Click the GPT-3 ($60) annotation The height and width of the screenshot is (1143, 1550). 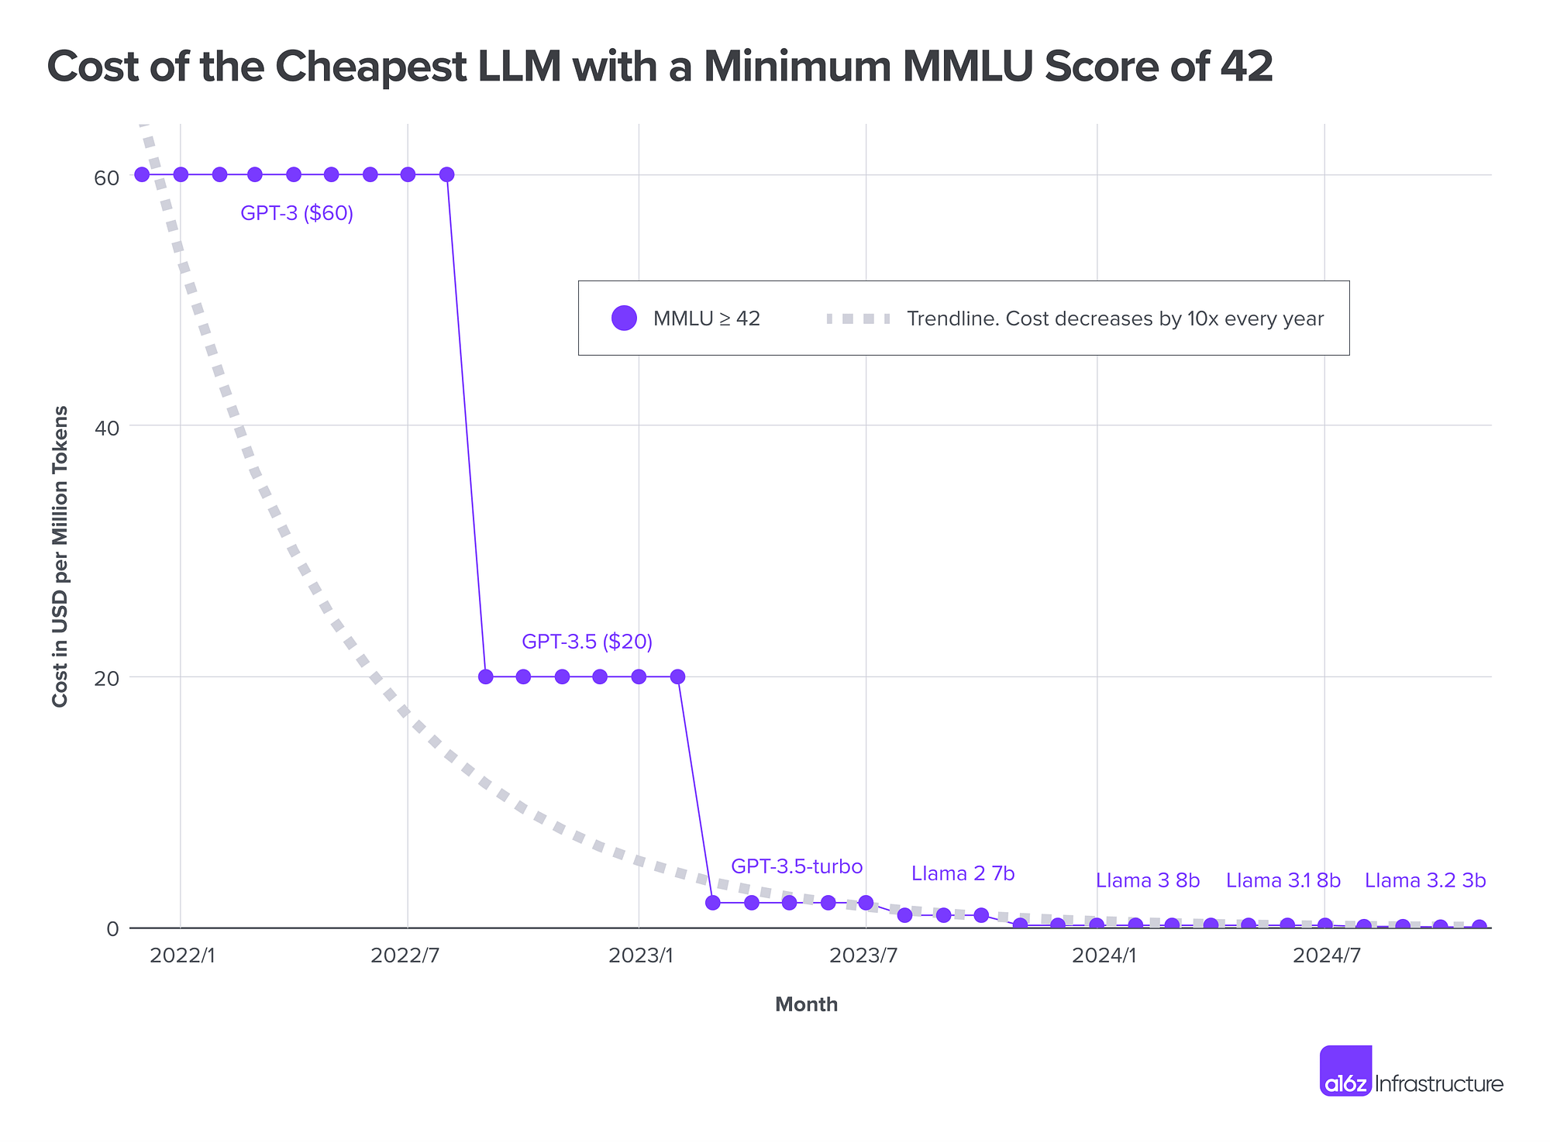[x=297, y=213]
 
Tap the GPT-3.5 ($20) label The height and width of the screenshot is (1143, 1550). [x=587, y=642]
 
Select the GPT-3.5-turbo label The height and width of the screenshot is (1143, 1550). [x=797, y=866]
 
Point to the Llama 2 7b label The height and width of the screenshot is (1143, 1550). [x=963, y=874]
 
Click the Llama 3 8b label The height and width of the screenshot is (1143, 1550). [x=1147, y=880]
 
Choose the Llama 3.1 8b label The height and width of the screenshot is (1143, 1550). [x=1283, y=880]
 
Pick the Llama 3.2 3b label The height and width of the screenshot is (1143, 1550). [x=1424, y=880]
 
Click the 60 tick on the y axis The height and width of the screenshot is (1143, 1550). [x=107, y=177]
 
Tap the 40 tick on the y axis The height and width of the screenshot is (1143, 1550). [x=107, y=428]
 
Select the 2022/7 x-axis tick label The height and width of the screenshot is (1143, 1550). [x=405, y=955]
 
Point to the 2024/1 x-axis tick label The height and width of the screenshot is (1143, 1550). [x=1104, y=955]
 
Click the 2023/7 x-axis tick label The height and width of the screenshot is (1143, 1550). [x=863, y=955]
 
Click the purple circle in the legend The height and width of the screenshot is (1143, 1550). [x=624, y=318]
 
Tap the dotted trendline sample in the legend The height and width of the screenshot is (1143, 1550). [x=858, y=318]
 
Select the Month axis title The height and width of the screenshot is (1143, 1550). [x=806, y=1005]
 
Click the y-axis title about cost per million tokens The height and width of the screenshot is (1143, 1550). [x=60, y=556]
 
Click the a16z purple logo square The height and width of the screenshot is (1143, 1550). [x=1345, y=1070]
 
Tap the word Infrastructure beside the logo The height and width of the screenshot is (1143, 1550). [x=1438, y=1084]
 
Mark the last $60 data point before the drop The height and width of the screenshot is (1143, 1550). [x=446, y=174]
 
